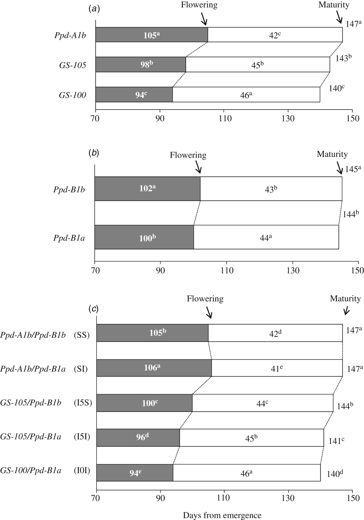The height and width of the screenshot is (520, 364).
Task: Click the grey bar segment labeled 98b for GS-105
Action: pos(140,64)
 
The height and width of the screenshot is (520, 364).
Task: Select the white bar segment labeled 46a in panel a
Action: pos(246,95)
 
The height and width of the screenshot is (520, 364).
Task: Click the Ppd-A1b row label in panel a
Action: pos(70,35)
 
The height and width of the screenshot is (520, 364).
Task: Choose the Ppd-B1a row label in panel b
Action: pos(69,238)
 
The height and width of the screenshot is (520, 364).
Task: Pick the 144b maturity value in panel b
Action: pos(350,214)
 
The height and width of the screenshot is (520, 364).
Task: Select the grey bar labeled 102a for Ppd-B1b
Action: pos(147,189)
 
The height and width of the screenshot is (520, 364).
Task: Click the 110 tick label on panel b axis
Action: pos(226,270)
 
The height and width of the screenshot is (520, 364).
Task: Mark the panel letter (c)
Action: pos(93,309)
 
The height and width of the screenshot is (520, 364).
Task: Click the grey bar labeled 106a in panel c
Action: pos(154,368)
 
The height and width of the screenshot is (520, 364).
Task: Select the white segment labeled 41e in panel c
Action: pos(277,368)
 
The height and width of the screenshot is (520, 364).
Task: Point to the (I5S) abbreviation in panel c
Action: pos(83,403)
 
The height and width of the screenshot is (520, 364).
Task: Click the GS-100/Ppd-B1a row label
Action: pos(31,471)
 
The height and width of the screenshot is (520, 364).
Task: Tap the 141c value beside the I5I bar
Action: pos(336,441)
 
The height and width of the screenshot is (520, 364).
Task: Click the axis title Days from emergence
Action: pos(222,515)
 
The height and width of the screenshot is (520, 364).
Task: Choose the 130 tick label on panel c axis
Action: pos(288,498)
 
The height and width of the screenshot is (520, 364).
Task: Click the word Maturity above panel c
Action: pos(345,298)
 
